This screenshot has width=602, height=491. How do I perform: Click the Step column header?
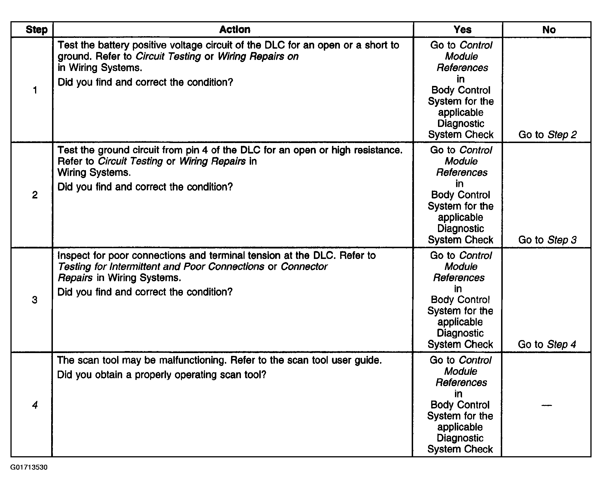(x=36, y=30)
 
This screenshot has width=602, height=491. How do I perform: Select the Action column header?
(x=235, y=30)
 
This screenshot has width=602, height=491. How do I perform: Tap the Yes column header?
(x=462, y=30)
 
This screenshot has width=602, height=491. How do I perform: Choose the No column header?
(x=549, y=30)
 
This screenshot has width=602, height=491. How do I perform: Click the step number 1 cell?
(x=35, y=90)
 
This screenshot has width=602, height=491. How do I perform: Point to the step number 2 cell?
(x=35, y=195)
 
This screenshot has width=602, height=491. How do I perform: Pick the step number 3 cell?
(x=34, y=300)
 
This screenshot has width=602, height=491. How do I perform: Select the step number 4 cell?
(x=35, y=405)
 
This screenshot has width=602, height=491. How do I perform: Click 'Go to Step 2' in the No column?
(x=547, y=135)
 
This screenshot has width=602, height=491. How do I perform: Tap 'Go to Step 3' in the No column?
(x=547, y=240)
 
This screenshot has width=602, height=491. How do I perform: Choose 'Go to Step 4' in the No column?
(x=547, y=345)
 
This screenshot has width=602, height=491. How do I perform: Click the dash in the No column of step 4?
(x=547, y=405)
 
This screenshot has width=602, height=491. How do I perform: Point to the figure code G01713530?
(x=29, y=467)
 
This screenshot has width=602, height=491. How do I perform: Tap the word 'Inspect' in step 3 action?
(x=74, y=256)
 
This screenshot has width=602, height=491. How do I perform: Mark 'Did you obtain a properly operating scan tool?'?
(x=161, y=375)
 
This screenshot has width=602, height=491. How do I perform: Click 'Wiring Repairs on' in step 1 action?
(x=258, y=57)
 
